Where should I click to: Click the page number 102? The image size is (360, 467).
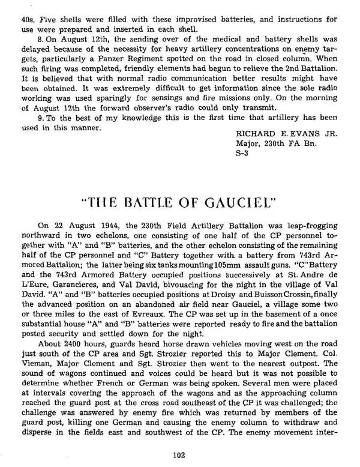(x=179, y=455)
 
